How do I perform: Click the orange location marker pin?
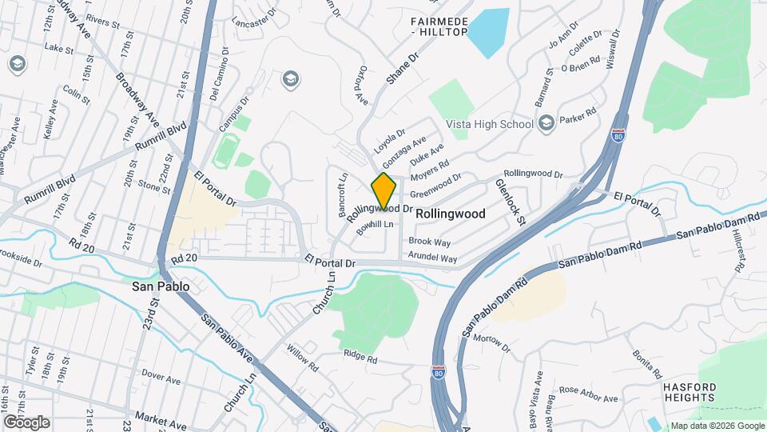click(x=384, y=190)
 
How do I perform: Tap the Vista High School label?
click(x=490, y=124)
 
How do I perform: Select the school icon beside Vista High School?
click(x=546, y=122)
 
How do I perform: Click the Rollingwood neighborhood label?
click(x=451, y=214)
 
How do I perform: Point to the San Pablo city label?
click(x=161, y=286)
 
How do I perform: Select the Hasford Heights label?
click(x=689, y=392)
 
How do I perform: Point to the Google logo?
click(x=26, y=422)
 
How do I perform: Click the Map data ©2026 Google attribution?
click(x=717, y=426)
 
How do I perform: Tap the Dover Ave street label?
click(x=163, y=373)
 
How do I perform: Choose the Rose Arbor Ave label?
click(x=589, y=394)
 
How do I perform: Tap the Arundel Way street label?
click(x=432, y=258)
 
